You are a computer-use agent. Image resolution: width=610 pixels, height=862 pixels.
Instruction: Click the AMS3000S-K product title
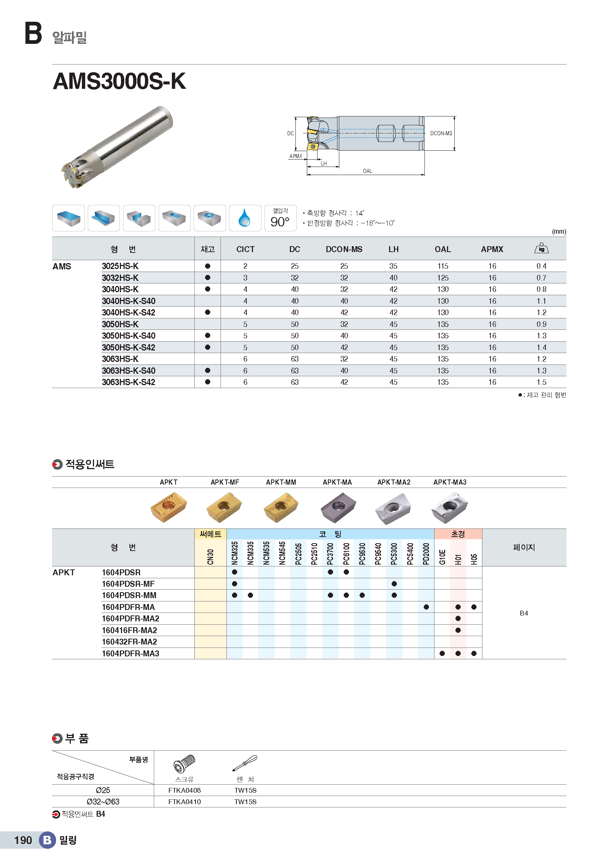(x=119, y=81)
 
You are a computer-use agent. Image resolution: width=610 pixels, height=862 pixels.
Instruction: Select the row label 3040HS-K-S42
(x=128, y=313)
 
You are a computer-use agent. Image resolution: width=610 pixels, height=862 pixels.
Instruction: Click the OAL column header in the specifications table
(x=443, y=249)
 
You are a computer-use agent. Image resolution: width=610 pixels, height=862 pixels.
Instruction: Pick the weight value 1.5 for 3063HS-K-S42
(x=541, y=382)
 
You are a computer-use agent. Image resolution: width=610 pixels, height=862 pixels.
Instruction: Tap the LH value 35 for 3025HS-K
(x=393, y=266)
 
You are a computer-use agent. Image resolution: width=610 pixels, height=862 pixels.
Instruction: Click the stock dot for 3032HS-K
(x=207, y=278)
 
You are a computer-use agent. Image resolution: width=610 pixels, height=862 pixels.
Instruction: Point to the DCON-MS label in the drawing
(x=441, y=133)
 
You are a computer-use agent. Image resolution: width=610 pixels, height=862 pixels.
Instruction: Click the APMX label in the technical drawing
(x=296, y=156)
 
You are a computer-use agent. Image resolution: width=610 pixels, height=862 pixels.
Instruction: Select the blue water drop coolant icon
(x=245, y=218)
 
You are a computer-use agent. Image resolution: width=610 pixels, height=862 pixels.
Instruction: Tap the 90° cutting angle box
(x=280, y=218)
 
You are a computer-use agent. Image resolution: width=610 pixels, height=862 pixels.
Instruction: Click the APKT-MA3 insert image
(x=450, y=507)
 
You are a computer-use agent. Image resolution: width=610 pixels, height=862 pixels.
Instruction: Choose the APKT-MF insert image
(x=224, y=507)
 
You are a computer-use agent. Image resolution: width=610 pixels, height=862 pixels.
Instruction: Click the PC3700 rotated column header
(x=330, y=553)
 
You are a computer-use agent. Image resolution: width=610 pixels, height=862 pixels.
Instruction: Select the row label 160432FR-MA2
(x=129, y=642)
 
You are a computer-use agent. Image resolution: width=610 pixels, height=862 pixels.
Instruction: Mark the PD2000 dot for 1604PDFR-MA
(x=426, y=607)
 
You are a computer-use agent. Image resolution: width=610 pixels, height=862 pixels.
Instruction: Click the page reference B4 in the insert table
(x=524, y=613)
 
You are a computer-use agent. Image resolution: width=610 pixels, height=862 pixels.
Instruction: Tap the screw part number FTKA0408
(x=184, y=790)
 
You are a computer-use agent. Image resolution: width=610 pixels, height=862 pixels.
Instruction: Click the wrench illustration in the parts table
(x=245, y=763)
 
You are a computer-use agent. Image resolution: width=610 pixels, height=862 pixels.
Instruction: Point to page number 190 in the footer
(x=23, y=840)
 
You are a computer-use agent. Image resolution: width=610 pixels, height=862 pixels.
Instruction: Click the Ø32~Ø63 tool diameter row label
(x=103, y=802)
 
